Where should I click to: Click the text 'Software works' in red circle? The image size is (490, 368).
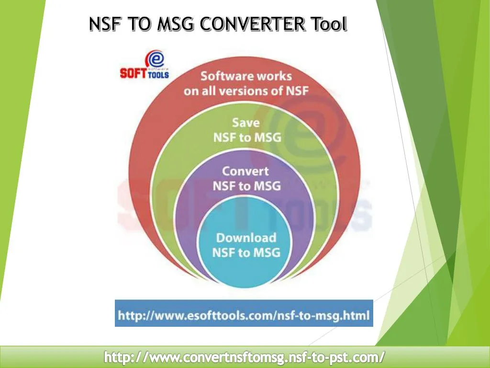pyautogui.click(x=246, y=76)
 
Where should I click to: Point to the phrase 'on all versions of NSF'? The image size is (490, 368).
pyautogui.click(x=246, y=91)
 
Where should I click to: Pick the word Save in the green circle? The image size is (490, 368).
pyautogui.click(x=246, y=123)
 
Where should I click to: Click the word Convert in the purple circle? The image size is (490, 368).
pyautogui.click(x=246, y=171)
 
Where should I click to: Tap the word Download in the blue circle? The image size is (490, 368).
pyautogui.click(x=246, y=238)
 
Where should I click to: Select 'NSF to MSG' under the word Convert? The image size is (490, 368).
pyautogui.click(x=246, y=186)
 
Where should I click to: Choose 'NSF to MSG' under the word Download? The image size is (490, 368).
pyautogui.click(x=246, y=253)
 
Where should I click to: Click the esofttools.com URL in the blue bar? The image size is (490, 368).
pyautogui.click(x=244, y=315)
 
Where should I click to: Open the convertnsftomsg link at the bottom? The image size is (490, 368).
pyautogui.click(x=245, y=357)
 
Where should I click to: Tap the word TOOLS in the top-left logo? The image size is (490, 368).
pyautogui.click(x=157, y=75)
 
